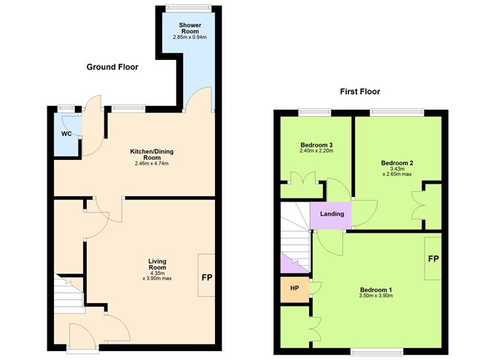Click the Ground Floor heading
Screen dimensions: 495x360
coord(113,67)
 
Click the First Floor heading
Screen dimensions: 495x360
coord(360,92)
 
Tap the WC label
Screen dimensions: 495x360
coord(66,134)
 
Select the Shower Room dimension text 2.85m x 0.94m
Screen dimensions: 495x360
coord(190,37)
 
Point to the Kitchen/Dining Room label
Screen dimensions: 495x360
coord(152,154)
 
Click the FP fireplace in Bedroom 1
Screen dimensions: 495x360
coord(433,259)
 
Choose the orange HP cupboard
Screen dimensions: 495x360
coord(294,290)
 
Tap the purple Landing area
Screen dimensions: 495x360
coord(330,215)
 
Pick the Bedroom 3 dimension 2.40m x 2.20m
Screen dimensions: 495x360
coord(316,151)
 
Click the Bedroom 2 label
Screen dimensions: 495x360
coord(397,163)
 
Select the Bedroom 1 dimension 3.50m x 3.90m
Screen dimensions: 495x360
coord(376,296)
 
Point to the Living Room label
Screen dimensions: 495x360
coord(157,264)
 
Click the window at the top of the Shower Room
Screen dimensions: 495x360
coord(188,9)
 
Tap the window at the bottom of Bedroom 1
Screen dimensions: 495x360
coord(376,351)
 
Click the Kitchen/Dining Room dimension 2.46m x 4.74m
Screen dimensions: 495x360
coord(152,164)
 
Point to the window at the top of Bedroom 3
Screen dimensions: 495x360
coord(315,113)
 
